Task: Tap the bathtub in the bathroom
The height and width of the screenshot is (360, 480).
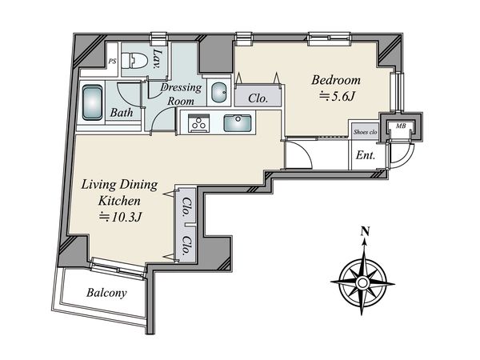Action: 93,103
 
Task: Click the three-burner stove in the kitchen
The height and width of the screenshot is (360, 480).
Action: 198,123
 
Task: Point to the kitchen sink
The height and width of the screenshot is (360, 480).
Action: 238,122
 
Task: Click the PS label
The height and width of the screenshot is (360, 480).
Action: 112,62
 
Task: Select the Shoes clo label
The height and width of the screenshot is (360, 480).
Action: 366,132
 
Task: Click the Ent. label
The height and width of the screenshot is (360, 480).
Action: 366,155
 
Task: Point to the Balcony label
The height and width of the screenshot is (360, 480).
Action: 106,293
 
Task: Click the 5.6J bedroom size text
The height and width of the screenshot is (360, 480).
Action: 337,97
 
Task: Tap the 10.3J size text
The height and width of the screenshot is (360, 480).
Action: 120,217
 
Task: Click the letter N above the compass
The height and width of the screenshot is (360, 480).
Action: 364,231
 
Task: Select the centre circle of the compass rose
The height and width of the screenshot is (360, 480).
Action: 362,282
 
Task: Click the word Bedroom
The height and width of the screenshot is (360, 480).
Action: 336,80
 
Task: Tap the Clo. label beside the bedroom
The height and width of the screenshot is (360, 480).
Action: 258,98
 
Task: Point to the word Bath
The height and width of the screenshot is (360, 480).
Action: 122,113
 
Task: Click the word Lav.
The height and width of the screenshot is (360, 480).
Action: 158,58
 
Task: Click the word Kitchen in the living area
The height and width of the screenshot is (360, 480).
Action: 119,201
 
